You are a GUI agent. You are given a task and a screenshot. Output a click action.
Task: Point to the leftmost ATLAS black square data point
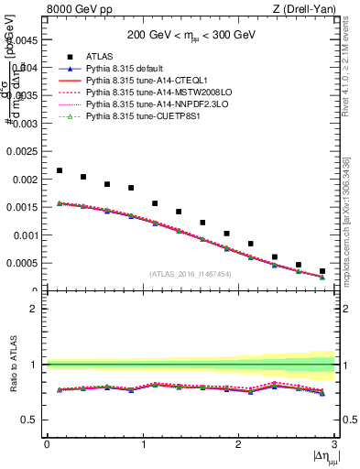coord(60,170)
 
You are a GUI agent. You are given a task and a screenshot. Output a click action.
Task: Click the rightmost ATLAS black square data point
coord(322,271)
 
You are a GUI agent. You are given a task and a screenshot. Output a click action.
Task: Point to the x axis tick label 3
coord(335,444)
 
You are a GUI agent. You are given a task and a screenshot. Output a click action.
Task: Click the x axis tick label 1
coord(143,444)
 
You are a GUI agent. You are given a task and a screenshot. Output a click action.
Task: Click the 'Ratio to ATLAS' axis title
coord(12,365)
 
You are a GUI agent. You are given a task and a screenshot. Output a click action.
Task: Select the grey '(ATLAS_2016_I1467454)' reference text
coord(189,274)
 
